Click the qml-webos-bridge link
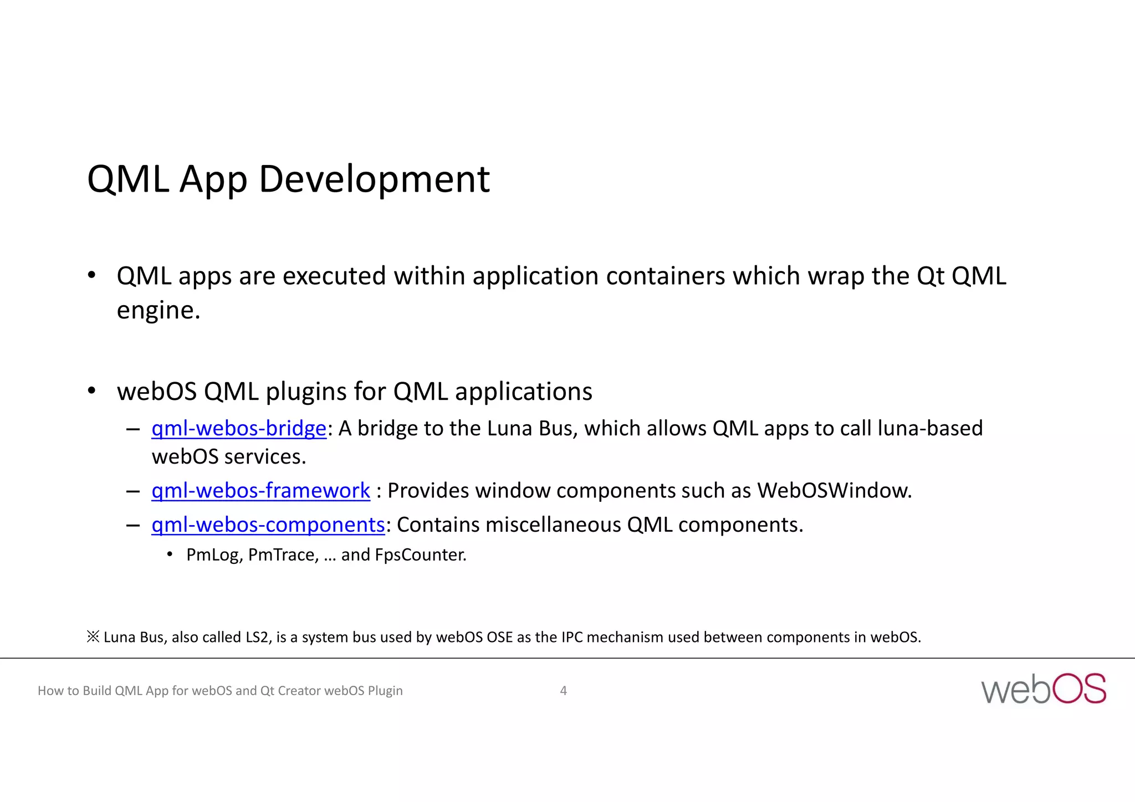pyautogui.click(x=239, y=429)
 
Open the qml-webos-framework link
pyautogui.click(x=260, y=491)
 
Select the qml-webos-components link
pyautogui.click(x=268, y=525)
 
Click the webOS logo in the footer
pyautogui.click(x=1043, y=689)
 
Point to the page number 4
pyautogui.click(x=563, y=691)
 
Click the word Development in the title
pyautogui.click(x=374, y=180)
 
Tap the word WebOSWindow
pyautogui.click(x=834, y=491)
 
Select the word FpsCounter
pyautogui.click(x=420, y=555)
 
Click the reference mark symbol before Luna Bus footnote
pyautogui.click(x=93, y=637)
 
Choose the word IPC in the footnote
pyautogui.click(x=571, y=638)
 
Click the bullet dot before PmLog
pyautogui.click(x=170, y=554)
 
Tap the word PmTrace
pyautogui.click(x=283, y=555)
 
